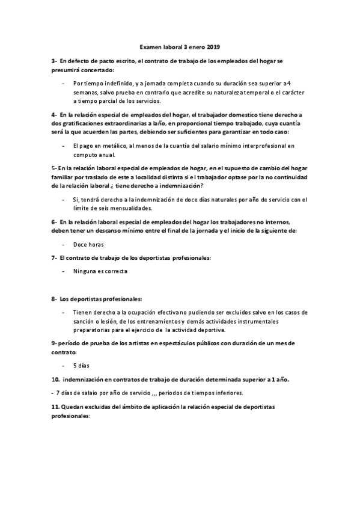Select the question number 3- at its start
54,62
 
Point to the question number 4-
54,114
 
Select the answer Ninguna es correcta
100,271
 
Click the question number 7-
54,258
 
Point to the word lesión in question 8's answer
108,322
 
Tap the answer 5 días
82,366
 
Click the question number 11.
55,407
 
